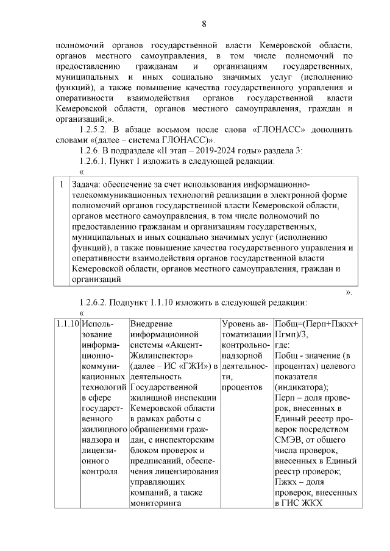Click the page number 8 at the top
(204, 24)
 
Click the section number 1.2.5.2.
(97, 130)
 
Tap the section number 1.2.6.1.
(97, 161)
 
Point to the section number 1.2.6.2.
(97, 302)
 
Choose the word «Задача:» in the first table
(86, 184)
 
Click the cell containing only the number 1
(61, 184)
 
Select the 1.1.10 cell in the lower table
(66, 323)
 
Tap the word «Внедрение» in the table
(152, 323)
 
